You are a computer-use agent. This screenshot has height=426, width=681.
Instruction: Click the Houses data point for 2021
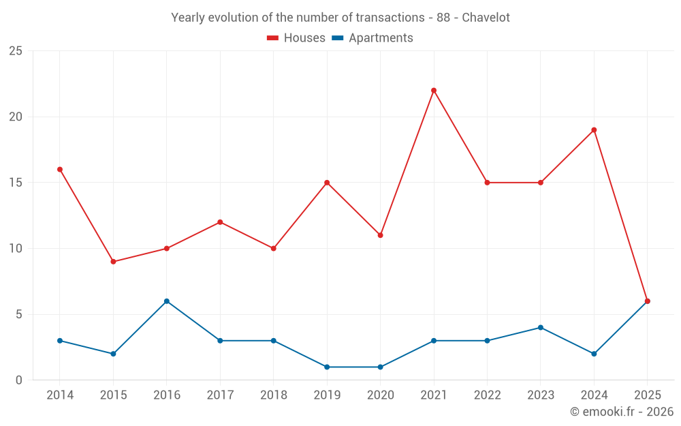[x=434, y=90]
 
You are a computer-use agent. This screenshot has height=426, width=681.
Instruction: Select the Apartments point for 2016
[x=167, y=301]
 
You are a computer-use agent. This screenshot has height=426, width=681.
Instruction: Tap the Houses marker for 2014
[x=60, y=169]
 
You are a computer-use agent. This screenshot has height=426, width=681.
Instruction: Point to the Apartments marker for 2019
[x=327, y=367]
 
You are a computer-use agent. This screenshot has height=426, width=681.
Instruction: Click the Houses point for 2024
[x=594, y=130]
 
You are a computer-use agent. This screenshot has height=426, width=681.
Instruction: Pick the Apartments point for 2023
[x=541, y=327]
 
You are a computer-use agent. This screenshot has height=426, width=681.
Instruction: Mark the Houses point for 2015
[x=113, y=262]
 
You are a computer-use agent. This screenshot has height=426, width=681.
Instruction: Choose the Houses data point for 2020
[x=380, y=235]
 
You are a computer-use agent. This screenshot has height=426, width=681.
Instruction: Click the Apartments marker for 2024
[x=594, y=354]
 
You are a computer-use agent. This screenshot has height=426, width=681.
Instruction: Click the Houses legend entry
[x=296, y=38]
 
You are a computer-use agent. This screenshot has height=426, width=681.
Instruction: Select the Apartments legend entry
[x=373, y=38]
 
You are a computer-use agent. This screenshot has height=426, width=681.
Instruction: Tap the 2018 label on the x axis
[x=273, y=395]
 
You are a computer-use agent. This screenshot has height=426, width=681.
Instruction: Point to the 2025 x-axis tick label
[x=647, y=395]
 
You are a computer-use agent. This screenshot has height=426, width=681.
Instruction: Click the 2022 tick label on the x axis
[x=487, y=395]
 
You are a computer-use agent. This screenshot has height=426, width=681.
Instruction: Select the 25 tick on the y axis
[x=16, y=51]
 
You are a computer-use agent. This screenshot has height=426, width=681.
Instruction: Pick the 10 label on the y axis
[x=16, y=249]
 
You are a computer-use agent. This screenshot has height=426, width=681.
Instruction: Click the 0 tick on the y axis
[x=19, y=380]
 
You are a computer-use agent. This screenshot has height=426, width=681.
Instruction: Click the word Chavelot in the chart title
[x=486, y=18]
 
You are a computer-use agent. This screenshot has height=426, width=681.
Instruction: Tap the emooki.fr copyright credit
[x=622, y=412]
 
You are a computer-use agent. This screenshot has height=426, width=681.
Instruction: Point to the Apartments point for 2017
[x=220, y=341]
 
